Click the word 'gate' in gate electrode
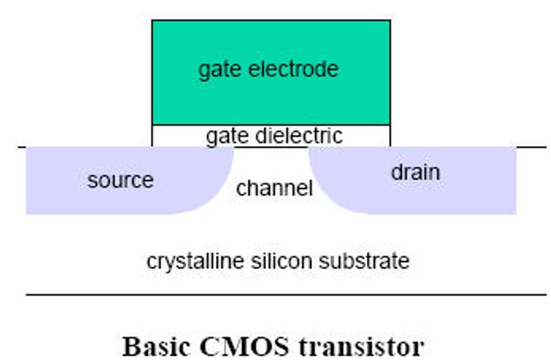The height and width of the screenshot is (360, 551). point(221,70)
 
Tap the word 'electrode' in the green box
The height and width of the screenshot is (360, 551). point(294,69)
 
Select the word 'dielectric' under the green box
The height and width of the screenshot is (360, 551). point(299,135)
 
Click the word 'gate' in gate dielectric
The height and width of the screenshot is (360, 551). point(227,137)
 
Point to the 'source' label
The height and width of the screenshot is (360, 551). point(120,181)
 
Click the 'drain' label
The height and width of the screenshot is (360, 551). point(416,173)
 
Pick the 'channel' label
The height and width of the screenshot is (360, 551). point(275,188)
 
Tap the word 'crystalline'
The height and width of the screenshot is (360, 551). point(195,261)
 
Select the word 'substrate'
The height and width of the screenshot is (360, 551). point(364,261)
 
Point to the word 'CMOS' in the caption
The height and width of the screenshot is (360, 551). point(244,346)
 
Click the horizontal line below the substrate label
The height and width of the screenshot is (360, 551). point(286,294)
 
